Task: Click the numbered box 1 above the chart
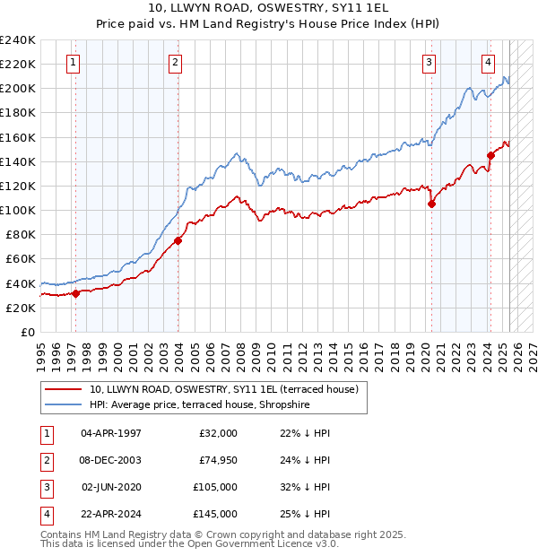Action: click(x=72, y=63)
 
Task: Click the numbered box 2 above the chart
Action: click(x=175, y=63)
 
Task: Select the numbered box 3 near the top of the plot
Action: click(x=430, y=63)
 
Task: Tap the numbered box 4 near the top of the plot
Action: click(x=488, y=63)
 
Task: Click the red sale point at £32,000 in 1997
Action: click(x=75, y=292)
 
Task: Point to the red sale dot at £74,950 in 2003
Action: click(x=178, y=240)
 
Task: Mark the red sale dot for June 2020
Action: click(x=431, y=204)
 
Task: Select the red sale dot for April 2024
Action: click(x=490, y=155)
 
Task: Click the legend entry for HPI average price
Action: click(x=212, y=404)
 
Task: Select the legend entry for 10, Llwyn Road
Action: click(x=223, y=389)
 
